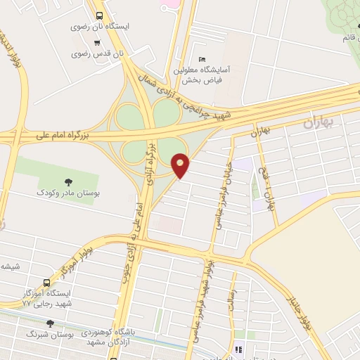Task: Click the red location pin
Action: (181, 165)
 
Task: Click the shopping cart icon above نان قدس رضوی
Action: (97, 41)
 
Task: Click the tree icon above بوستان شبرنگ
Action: (50, 323)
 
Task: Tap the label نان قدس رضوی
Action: (100, 53)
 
